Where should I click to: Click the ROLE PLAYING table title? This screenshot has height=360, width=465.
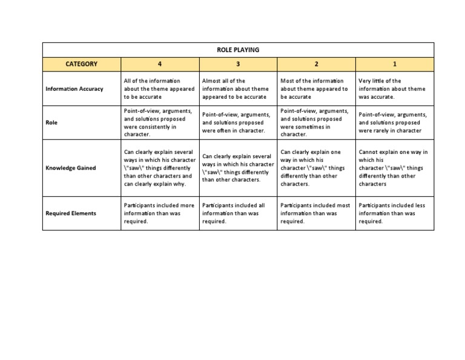click(x=237, y=50)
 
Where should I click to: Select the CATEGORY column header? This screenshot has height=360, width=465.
click(x=81, y=64)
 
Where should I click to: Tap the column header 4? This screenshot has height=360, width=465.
click(x=160, y=64)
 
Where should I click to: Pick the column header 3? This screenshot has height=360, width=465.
click(x=238, y=64)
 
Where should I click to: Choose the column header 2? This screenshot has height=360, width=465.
click(x=316, y=64)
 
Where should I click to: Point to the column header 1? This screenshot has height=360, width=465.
click(x=395, y=64)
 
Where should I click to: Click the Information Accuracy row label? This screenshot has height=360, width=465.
click(x=74, y=89)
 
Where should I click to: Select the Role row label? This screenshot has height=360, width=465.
click(x=52, y=122)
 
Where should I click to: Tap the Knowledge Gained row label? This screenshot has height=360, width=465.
click(x=71, y=168)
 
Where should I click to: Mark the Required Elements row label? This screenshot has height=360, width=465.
click(x=71, y=213)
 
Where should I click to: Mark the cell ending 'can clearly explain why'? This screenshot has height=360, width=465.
click(x=159, y=168)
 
